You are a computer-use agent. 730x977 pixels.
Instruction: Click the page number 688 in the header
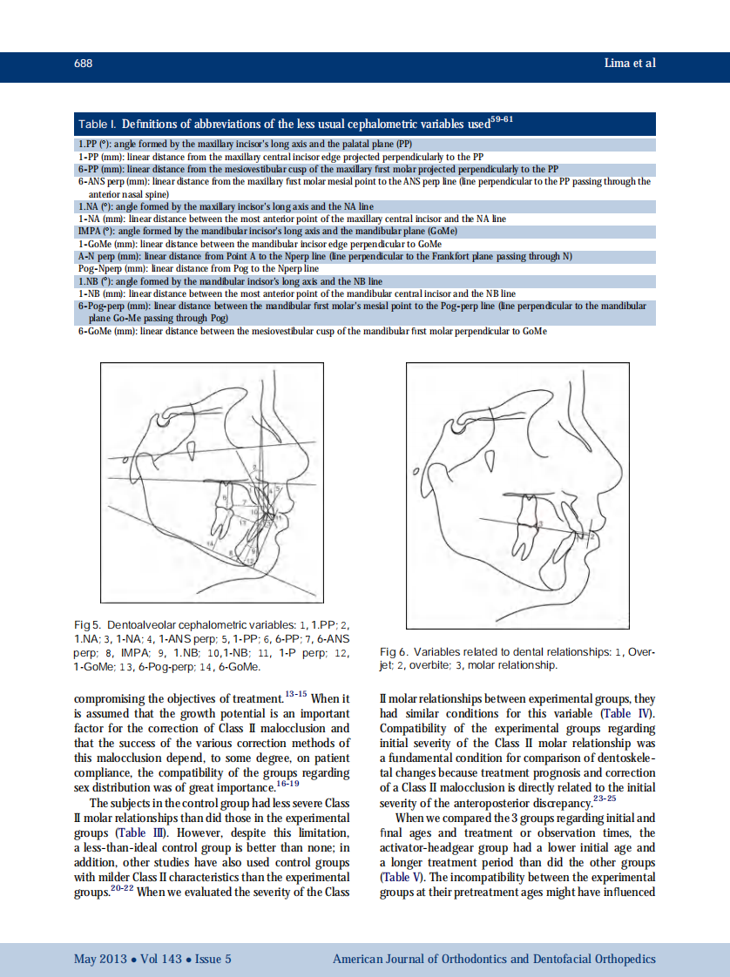83,64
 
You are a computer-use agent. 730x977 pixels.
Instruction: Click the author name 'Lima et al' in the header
629,64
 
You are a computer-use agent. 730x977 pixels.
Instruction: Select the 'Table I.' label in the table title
98,125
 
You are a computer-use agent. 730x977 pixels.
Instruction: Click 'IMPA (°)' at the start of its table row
94,232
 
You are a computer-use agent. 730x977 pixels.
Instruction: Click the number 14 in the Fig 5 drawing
209,543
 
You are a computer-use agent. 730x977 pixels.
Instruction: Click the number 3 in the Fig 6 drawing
539,524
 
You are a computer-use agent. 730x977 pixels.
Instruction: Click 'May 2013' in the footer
98,960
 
